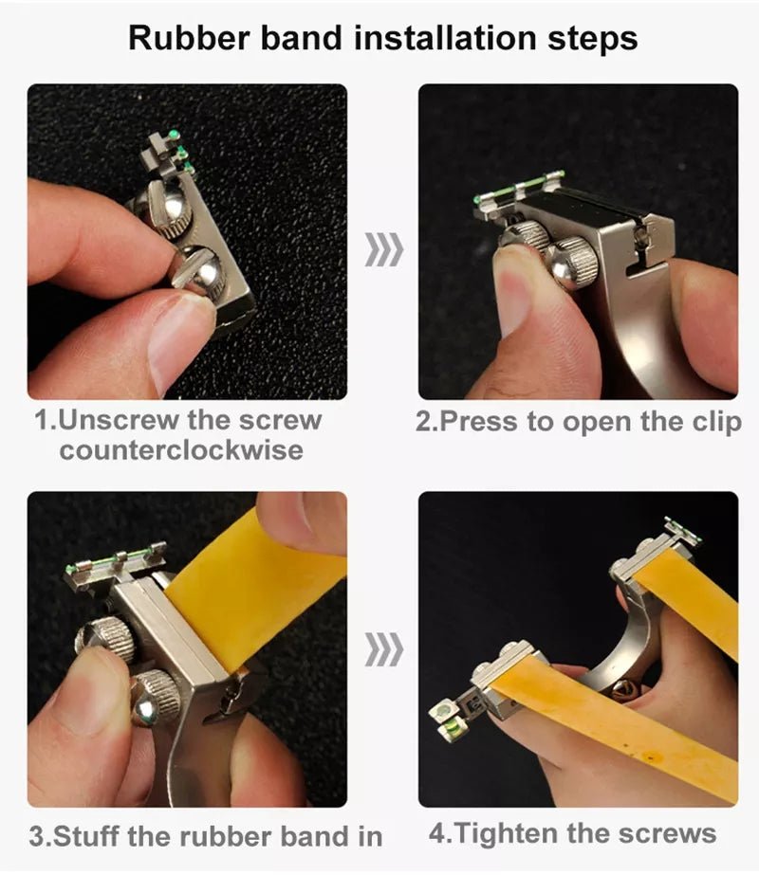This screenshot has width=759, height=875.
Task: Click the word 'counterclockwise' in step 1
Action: point(180,449)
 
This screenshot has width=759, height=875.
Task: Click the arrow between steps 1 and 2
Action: point(383,250)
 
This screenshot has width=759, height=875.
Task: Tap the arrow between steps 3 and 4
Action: point(383,650)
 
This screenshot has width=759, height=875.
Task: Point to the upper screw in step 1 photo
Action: point(170,204)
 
